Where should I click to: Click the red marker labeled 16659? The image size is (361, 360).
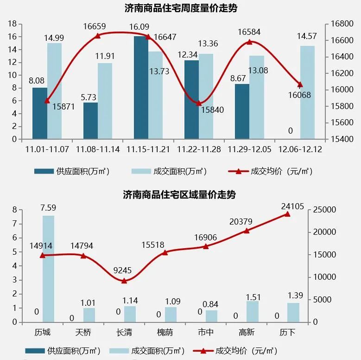98,36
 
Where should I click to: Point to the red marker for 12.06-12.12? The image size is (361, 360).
300,85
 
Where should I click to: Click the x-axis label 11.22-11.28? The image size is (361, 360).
199,149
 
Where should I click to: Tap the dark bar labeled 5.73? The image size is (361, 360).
90,121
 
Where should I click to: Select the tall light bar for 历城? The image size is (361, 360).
49,269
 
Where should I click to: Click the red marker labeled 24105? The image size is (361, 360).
287,214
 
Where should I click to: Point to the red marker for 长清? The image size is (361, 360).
124,281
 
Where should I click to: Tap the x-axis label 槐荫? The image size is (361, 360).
165,333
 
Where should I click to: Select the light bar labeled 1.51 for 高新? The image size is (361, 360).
253,311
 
